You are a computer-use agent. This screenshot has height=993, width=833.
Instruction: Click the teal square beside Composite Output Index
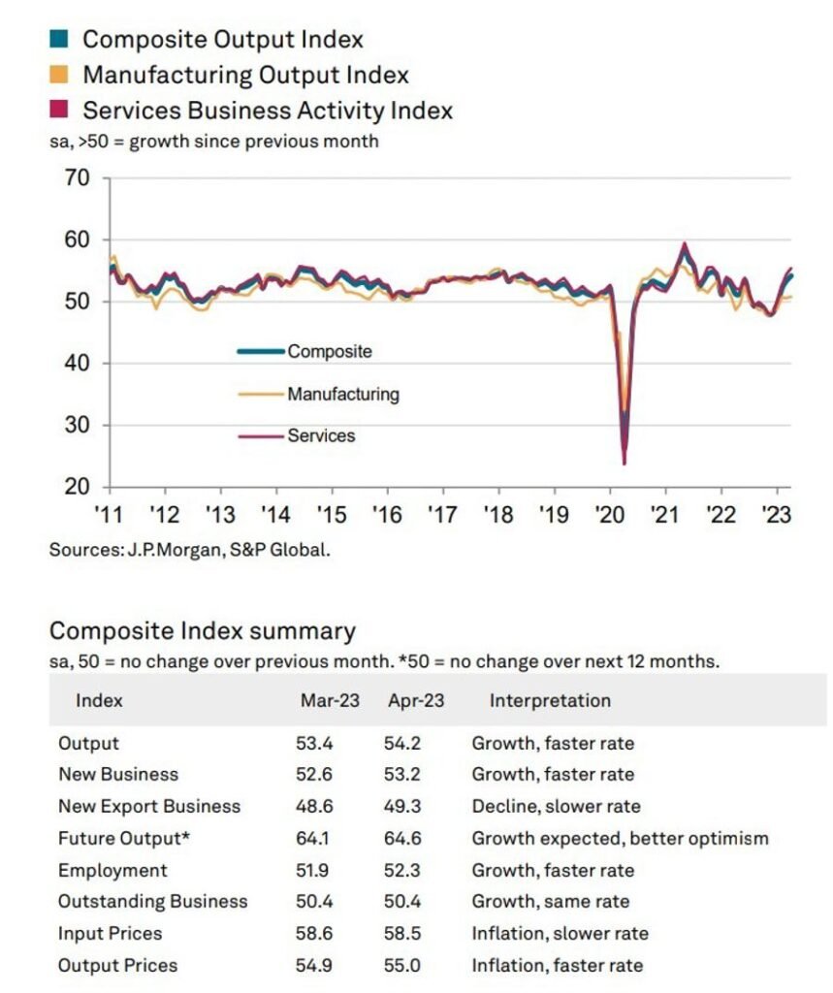(x=57, y=40)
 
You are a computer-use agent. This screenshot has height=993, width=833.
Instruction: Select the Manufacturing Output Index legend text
(x=245, y=75)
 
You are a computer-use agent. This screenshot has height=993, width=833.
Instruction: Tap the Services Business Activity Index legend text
(x=267, y=110)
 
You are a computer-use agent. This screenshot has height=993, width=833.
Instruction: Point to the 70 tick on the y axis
(x=77, y=178)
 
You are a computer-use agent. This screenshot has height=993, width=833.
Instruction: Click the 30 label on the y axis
(x=77, y=425)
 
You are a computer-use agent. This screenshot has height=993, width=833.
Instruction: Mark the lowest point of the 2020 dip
(x=624, y=464)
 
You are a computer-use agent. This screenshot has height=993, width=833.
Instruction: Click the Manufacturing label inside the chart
(x=342, y=395)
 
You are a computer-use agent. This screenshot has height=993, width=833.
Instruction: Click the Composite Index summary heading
(x=202, y=631)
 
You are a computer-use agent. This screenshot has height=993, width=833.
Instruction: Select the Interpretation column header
(x=550, y=700)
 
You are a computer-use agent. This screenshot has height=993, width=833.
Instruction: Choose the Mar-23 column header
(x=328, y=700)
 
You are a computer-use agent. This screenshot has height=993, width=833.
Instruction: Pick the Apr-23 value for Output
(x=403, y=744)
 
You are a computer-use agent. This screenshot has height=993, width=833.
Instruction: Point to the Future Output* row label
(x=122, y=838)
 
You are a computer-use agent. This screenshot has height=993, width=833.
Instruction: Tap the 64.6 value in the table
(x=403, y=838)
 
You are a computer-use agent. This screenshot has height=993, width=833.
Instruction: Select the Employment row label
(x=112, y=870)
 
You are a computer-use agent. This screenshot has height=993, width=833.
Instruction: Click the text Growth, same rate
(x=550, y=902)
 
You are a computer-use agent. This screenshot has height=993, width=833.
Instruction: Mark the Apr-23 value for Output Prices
(x=403, y=965)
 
